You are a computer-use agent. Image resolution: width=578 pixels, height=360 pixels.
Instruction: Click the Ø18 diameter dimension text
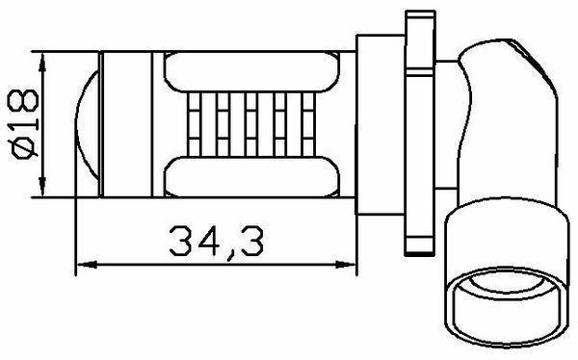point(25,123)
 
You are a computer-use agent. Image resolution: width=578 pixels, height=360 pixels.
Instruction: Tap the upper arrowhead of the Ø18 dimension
point(42,62)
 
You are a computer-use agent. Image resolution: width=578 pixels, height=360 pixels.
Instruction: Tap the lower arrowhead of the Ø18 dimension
point(42,187)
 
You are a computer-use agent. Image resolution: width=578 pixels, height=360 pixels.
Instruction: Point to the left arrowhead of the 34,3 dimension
point(87,264)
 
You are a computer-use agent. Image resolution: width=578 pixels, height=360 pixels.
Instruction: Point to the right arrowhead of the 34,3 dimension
point(346,264)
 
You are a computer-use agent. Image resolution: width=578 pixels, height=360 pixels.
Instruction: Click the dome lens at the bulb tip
point(88,124)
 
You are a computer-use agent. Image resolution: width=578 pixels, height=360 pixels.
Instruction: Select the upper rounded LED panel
point(251,71)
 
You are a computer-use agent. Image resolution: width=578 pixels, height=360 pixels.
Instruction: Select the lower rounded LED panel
point(251,177)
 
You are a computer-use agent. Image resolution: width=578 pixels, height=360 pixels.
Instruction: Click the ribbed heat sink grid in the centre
point(251,124)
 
